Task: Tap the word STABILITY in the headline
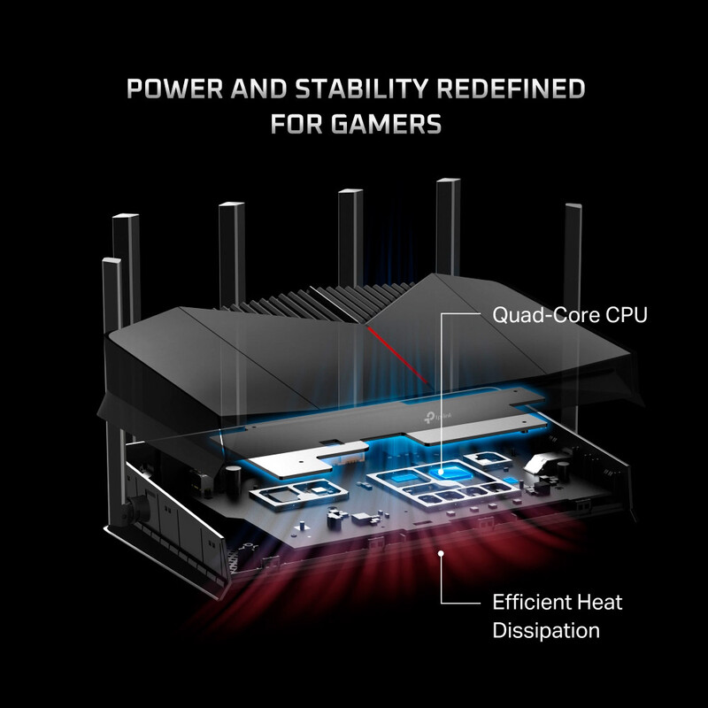coord(355,90)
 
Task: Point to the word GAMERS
coord(393,125)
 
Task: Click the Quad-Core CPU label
coord(570,315)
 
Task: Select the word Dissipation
coord(546,631)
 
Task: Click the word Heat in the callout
coord(601,603)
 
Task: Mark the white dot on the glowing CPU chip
coord(441,474)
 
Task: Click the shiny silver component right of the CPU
coord(547,458)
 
